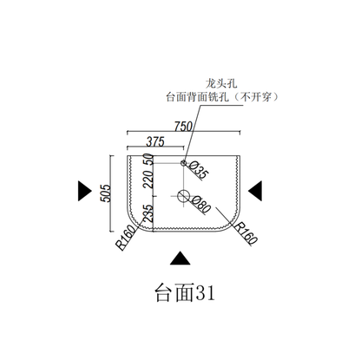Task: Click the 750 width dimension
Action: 183,127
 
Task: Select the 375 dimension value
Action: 155,142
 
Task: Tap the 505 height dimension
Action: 106,193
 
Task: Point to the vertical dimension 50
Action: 148,160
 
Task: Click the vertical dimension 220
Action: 148,180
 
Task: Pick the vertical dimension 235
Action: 148,213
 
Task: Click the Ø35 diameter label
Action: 199,170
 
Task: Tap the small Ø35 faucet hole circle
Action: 183,163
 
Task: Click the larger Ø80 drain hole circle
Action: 183,196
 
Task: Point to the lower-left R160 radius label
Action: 126,238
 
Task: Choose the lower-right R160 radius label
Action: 246,233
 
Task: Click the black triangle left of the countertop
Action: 84,191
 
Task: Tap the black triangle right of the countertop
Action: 255,191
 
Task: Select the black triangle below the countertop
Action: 180,259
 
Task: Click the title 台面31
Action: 186,293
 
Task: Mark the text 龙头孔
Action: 221,84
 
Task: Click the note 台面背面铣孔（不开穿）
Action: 222,97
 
